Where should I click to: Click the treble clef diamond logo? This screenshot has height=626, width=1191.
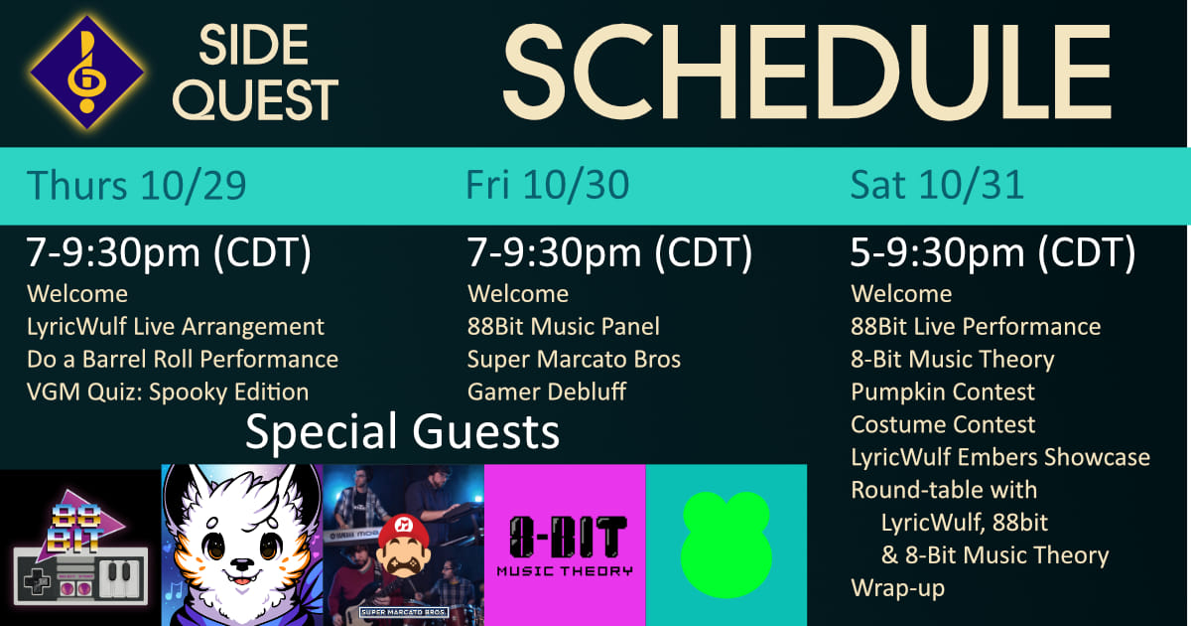[86, 73]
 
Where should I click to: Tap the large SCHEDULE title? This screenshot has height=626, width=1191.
[807, 73]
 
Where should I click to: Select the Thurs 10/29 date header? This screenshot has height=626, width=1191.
[137, 185]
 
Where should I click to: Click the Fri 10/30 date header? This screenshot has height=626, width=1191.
[548, 185]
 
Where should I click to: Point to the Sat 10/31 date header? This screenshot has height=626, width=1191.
[937, 185]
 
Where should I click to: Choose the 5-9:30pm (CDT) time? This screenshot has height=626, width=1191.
[992, 252]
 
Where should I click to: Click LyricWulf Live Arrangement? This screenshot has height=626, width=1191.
[176, 327]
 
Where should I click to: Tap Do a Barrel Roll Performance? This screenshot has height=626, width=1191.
[183, 360]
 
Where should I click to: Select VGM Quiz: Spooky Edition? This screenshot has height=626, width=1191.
[168, 392]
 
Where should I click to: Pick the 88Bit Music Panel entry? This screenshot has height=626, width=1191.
[564, 326]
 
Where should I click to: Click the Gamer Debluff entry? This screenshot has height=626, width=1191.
[547, 391]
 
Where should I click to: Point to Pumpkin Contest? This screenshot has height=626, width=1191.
[943, 392]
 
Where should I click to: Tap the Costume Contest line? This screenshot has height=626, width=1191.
[943, 425]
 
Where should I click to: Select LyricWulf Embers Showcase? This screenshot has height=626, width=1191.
[1000, 457]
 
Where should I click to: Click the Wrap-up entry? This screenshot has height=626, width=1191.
[897, 588]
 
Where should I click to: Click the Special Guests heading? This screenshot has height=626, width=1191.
[403, 431]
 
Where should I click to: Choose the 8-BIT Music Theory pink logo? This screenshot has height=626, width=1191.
[565, 546]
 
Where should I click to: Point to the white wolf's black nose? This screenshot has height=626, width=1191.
[241, 563]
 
